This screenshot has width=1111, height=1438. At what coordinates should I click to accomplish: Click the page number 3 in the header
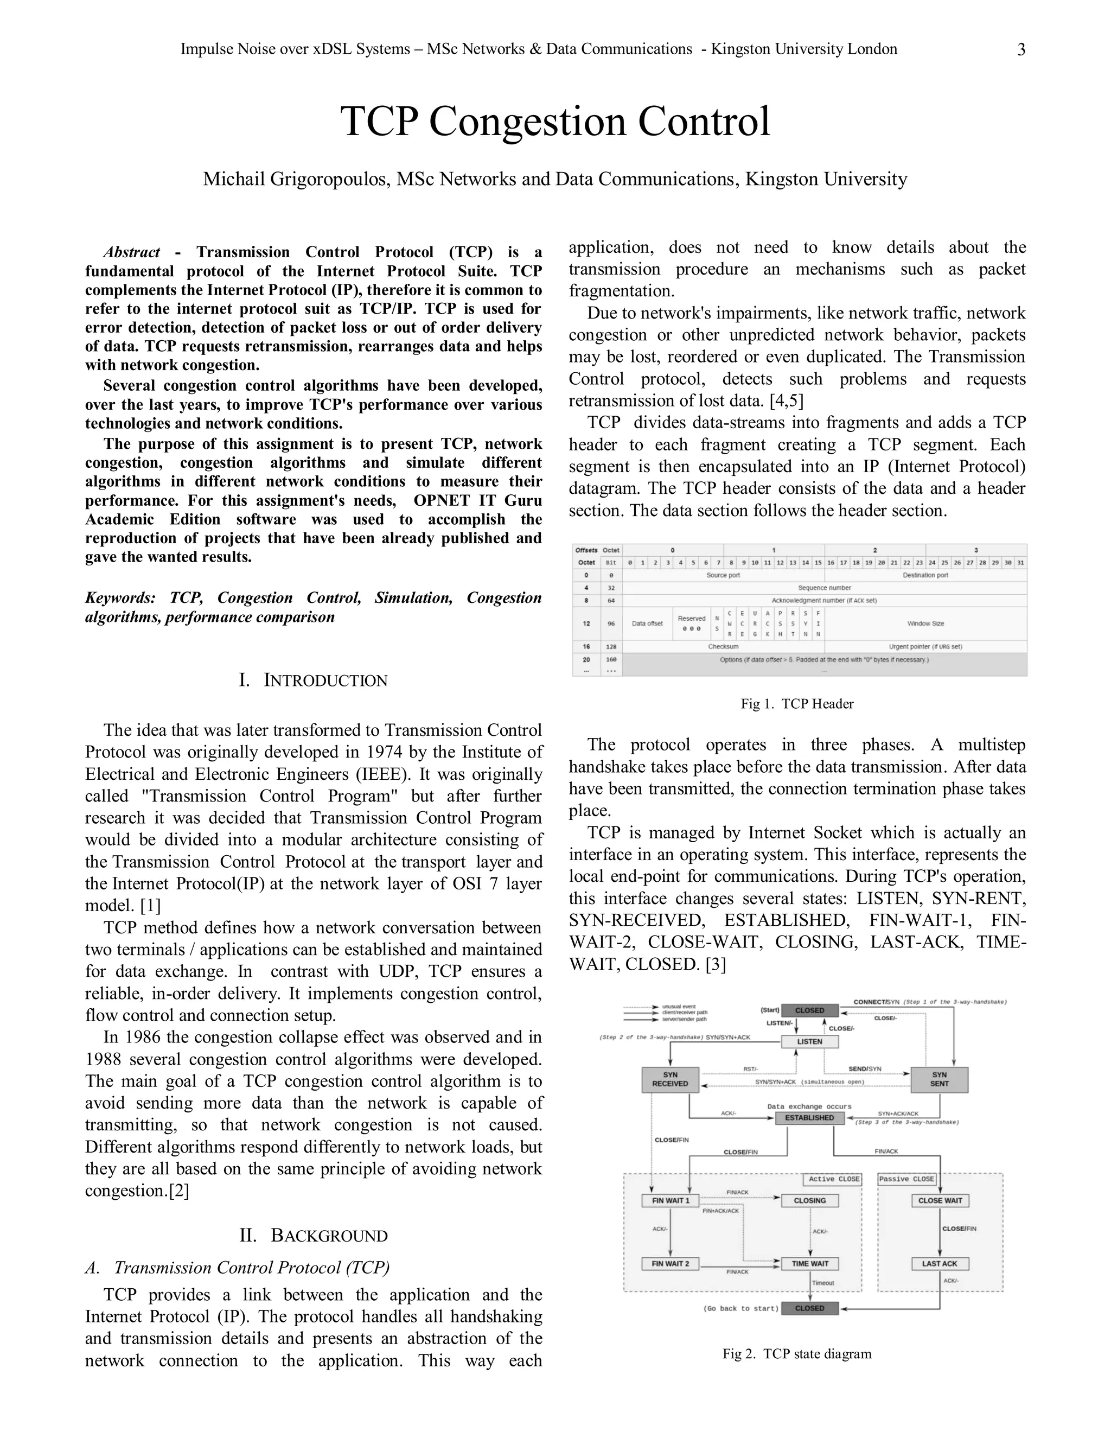(x=1021, y=50)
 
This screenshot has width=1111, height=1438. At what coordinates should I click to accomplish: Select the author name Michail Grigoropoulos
(x=295, y=179)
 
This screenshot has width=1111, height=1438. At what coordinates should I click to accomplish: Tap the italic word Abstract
(x=132, y=252)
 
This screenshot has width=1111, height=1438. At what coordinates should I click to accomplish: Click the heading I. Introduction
(x=314, y=680)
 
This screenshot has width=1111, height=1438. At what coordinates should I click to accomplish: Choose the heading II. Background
(x=314, y=1235)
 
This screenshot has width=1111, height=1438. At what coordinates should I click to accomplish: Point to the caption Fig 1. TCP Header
(x=797, y=704)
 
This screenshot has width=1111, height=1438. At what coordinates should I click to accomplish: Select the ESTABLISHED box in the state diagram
(x=809, y=1118)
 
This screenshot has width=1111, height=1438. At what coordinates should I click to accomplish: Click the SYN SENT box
(x=939, y=1079)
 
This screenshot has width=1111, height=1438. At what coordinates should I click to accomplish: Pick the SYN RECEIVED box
(x=670, y=1079)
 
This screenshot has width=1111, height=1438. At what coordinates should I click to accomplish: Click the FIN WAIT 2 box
(x=670, y=1263)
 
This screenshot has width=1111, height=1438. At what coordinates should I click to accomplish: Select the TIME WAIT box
(x=809, y=1263)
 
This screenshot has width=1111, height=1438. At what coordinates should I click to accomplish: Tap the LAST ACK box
(x=939, y=1263)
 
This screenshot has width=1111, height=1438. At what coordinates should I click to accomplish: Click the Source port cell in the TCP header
(x=723, y=575)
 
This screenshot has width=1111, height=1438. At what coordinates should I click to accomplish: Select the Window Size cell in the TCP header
(x=925, y=623)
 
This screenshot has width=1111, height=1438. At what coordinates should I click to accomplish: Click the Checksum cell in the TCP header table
(x=723, y=647)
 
